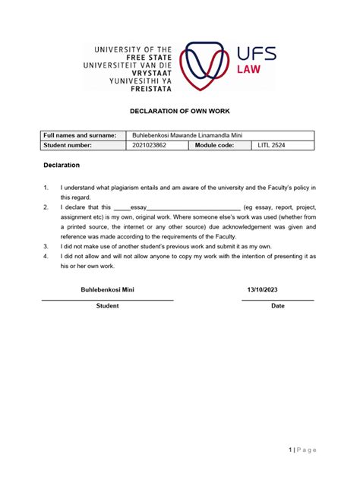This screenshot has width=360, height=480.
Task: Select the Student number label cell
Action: point(69,145)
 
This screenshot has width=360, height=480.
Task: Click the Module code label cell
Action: point(215,145)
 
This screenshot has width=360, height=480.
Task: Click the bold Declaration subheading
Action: point(60,165)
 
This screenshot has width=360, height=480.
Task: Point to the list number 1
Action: point(46,187)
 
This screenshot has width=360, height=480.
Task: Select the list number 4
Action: point(46,256)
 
